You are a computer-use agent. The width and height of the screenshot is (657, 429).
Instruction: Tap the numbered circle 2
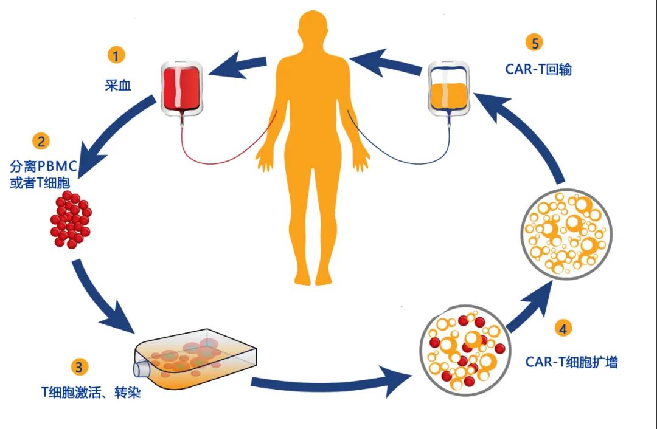[x=41, y=142]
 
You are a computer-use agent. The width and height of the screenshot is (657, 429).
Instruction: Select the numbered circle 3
[x=79, y=366]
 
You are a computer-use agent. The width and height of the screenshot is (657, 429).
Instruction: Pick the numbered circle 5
[x=535, y=43]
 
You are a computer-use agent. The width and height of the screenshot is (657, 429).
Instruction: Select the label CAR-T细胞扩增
[x=571, y=363]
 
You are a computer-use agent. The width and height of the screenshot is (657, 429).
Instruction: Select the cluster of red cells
[x=69, y=220]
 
